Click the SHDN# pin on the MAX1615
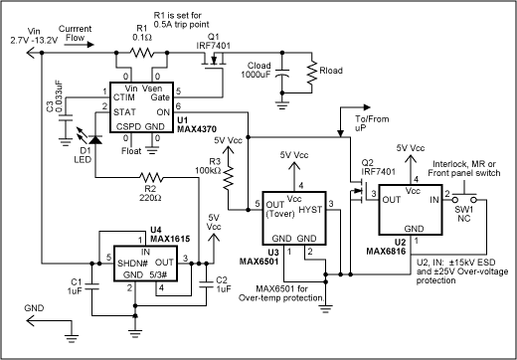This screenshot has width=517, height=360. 131,263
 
